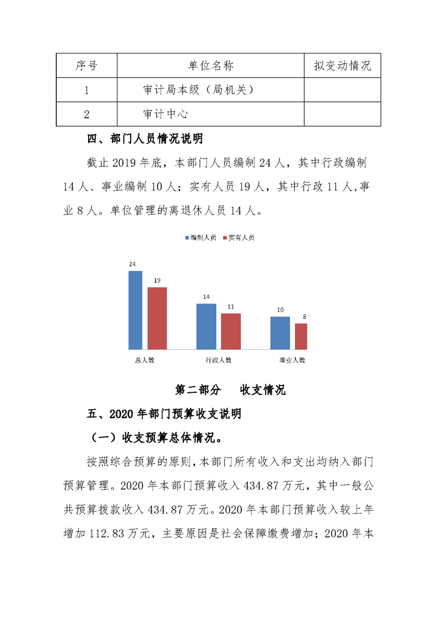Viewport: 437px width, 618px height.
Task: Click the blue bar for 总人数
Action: pyautogui.click(x=136, y=310)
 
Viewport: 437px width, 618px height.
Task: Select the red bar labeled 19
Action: pyautogui.click(x=157, y=318)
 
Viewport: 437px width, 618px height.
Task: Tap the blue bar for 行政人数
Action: pyautogui.click(x=206, y=326)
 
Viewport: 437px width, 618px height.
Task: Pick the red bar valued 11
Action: pyautogui.click(x=231, y=331)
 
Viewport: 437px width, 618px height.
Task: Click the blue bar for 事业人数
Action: pyautogui.click(x=280, y=333)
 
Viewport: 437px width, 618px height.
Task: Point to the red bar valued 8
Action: pyautogui.click(x=301, y=336)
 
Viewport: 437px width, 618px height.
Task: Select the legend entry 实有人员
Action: pyautogui.click(x=239, y=238)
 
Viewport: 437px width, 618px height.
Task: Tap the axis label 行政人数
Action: pyautogui.click(x=218, y=360)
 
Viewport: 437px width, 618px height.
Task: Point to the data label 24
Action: pyautogui.click(x=132, y=264)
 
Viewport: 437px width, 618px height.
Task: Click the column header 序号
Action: pyautogui.click(x=87, y=66)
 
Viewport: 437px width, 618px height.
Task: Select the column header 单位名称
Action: pyautogui.click(x=211, y=66)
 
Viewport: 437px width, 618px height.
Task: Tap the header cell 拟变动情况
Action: pyautogui.click(x=342, y=66)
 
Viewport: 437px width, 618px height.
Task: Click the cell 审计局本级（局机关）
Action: pyautogui.click(x=198, y=90)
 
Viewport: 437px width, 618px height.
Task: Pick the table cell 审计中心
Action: pyautogui.click(x=166, y=114)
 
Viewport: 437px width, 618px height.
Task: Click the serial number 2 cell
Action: pyautogui.click(x=87, y=115)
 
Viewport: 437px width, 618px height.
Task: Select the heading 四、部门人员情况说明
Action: pyautogui.click(x=145, y=139)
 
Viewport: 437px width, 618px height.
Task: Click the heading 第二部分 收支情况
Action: pyautogui.click(x=230, y=390)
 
